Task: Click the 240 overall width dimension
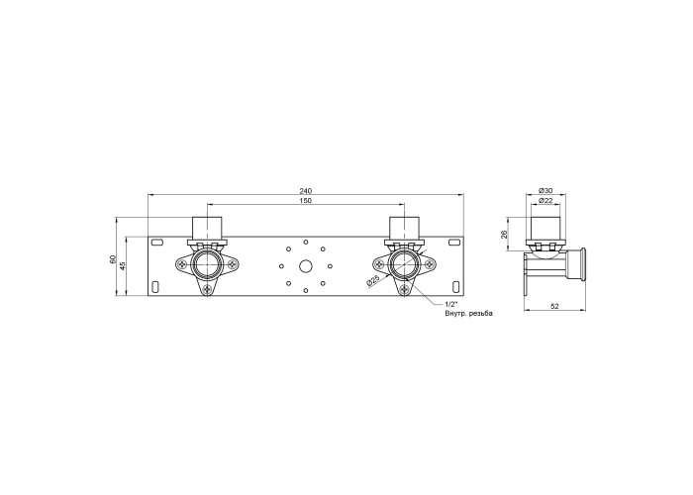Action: pos(305,191)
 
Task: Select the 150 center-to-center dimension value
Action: pos(306,201)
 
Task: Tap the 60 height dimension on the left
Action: pos(112,259)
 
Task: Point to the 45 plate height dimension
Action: pos(123,266)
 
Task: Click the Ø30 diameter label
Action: pos(545,190)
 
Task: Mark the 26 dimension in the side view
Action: pos(504,235)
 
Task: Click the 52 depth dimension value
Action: pos(555,305)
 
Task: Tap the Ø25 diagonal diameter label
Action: pos(373,280)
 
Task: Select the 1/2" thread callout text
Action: pos(450,304)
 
